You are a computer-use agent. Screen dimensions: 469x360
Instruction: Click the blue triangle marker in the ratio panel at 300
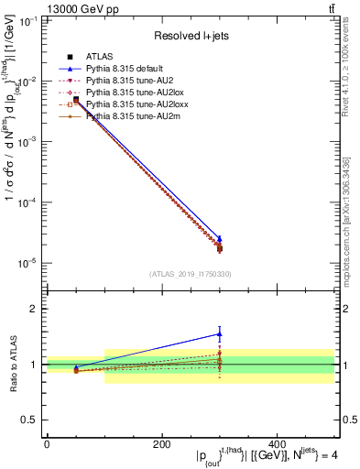pos(219,333)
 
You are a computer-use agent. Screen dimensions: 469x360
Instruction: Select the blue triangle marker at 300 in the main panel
pos(219,238)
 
